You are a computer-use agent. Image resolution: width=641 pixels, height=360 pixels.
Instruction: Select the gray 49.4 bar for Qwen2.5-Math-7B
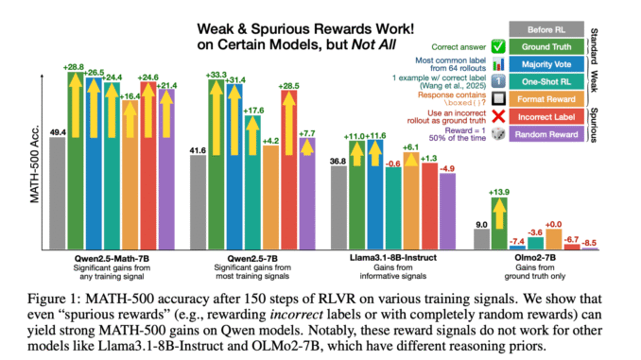pos(57,188)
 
